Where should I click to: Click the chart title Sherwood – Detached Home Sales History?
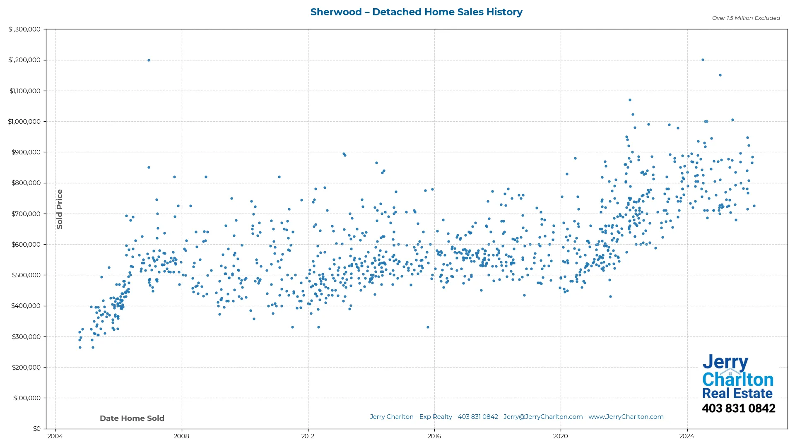click(416, 12)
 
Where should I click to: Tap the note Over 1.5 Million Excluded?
click(746, 18)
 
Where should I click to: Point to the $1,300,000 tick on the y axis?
click(24, 29)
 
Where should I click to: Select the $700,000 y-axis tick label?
click(26, 214)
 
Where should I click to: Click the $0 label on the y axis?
click(36, 428)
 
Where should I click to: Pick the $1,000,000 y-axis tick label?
click(24, 121)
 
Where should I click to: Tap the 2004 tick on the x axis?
click(55, 436)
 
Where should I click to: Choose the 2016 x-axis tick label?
click(434, 436)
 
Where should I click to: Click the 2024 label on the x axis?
click(687, 436)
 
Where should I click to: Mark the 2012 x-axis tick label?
click(308, 436)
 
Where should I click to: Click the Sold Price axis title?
click(60, 209)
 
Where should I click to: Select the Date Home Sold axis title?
click(132, 418)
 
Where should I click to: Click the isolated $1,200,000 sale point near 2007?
click(149, 60)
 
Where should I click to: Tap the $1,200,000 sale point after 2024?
click(703, 60)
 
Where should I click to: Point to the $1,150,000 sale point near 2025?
click(720, 75)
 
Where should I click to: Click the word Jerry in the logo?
click(725, 362)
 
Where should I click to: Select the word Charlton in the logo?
click(737, 379)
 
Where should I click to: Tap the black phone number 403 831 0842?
click(738, 408)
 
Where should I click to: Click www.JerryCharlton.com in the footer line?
click(626, 417)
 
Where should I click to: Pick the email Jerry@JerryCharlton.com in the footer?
click(543, 417)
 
